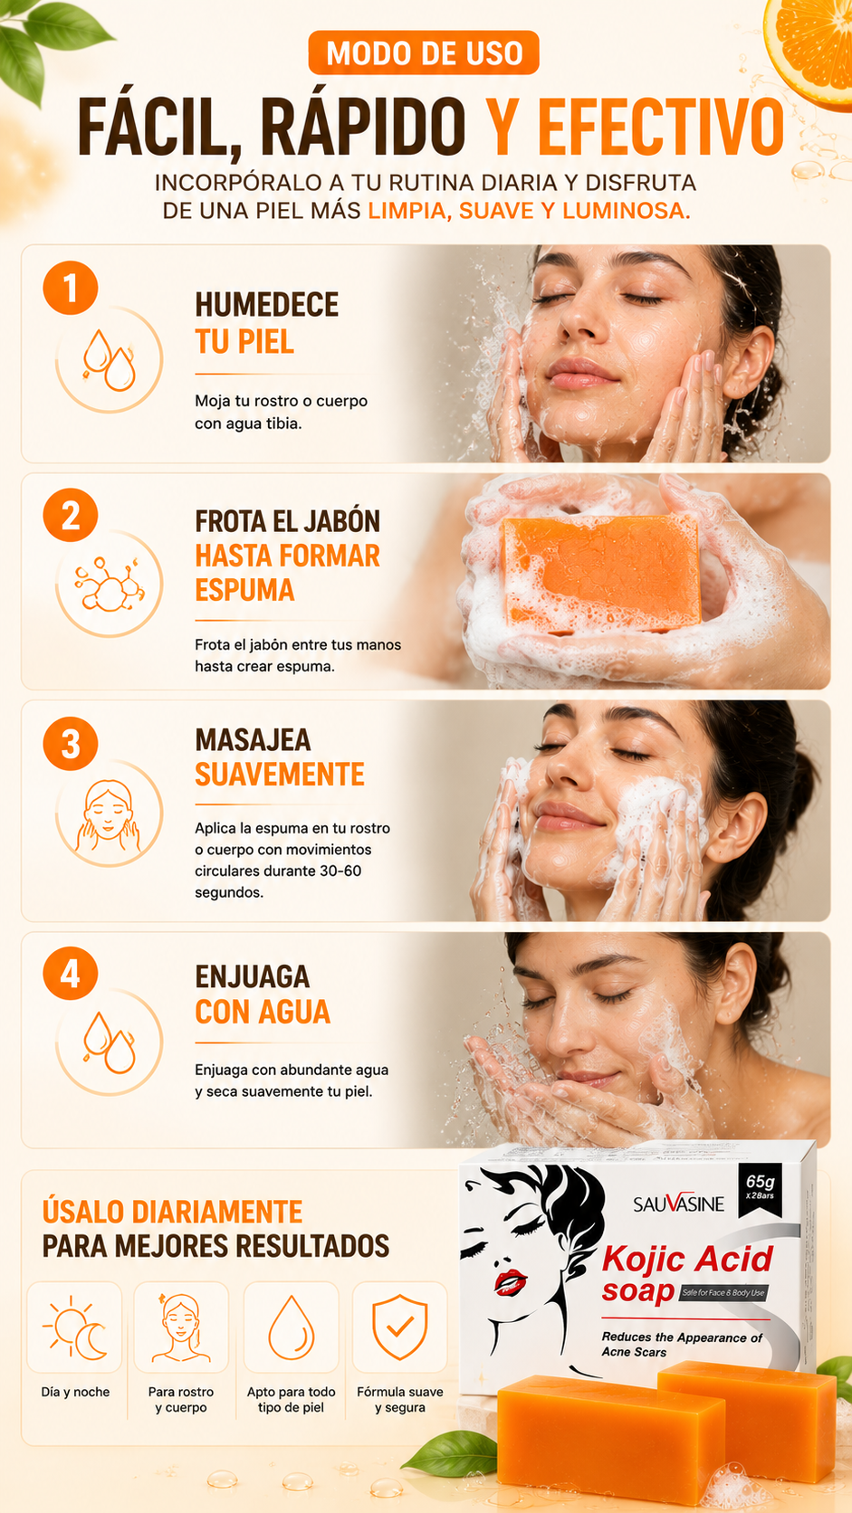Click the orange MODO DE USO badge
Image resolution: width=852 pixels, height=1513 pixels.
pos(424,52)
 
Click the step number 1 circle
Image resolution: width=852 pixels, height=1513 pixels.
pos(71,288)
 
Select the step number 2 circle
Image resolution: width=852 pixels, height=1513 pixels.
pos(71,516)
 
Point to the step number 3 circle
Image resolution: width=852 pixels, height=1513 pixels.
pos(71,744)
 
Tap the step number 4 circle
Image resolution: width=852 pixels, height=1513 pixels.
pos(71,974)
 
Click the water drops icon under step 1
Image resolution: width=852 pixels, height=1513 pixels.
pos(109,360)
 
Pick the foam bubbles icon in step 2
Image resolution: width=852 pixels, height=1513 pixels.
pos(109,585)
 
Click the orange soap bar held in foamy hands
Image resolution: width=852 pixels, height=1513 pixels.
pos(601,573)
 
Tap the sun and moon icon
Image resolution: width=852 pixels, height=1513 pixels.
pos(74,1327)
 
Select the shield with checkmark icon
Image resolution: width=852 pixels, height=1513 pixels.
pos(400,1327)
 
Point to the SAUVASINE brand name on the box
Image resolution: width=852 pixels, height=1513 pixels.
pos(678,1203)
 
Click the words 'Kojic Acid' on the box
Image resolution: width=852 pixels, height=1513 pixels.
pos(687,1259)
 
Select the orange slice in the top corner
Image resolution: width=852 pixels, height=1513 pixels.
pos(810,51)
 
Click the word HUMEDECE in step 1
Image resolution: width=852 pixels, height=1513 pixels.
pos(267,305)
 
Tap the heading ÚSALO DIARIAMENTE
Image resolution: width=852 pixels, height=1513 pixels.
pos(172,1212)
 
